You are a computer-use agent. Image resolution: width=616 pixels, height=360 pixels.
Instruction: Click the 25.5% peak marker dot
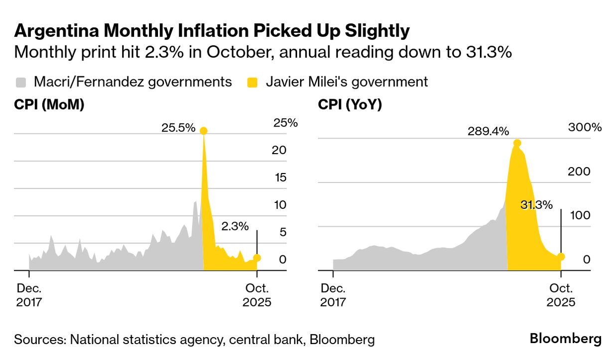203,131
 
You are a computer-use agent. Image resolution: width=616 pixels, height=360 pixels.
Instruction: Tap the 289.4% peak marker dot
517,143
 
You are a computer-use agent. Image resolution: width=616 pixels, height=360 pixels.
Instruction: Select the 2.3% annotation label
234,226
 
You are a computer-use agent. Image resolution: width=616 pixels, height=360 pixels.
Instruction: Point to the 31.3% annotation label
536,205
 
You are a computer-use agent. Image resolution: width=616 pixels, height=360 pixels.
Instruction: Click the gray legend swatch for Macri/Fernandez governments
21,82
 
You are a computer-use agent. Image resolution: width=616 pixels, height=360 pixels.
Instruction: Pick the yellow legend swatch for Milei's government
253,82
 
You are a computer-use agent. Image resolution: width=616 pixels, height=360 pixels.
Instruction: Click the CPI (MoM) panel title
49,105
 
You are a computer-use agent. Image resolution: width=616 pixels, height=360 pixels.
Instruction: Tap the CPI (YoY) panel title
350,105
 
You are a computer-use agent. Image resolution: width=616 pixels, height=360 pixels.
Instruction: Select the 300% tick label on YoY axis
585,127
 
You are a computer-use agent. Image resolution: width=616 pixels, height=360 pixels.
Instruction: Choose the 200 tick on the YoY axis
579,172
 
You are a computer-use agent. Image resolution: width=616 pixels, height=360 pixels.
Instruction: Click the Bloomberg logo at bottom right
565,339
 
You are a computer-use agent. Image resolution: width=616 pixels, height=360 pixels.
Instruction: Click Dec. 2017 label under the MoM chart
29,295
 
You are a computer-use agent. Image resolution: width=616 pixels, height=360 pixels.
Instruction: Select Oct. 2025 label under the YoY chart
561,295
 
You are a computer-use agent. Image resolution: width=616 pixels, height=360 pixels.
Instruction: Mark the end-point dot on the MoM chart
257,258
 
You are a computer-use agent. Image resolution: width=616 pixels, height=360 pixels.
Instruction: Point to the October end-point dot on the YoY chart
561,256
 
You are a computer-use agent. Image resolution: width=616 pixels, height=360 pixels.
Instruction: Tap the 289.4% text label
488,132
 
